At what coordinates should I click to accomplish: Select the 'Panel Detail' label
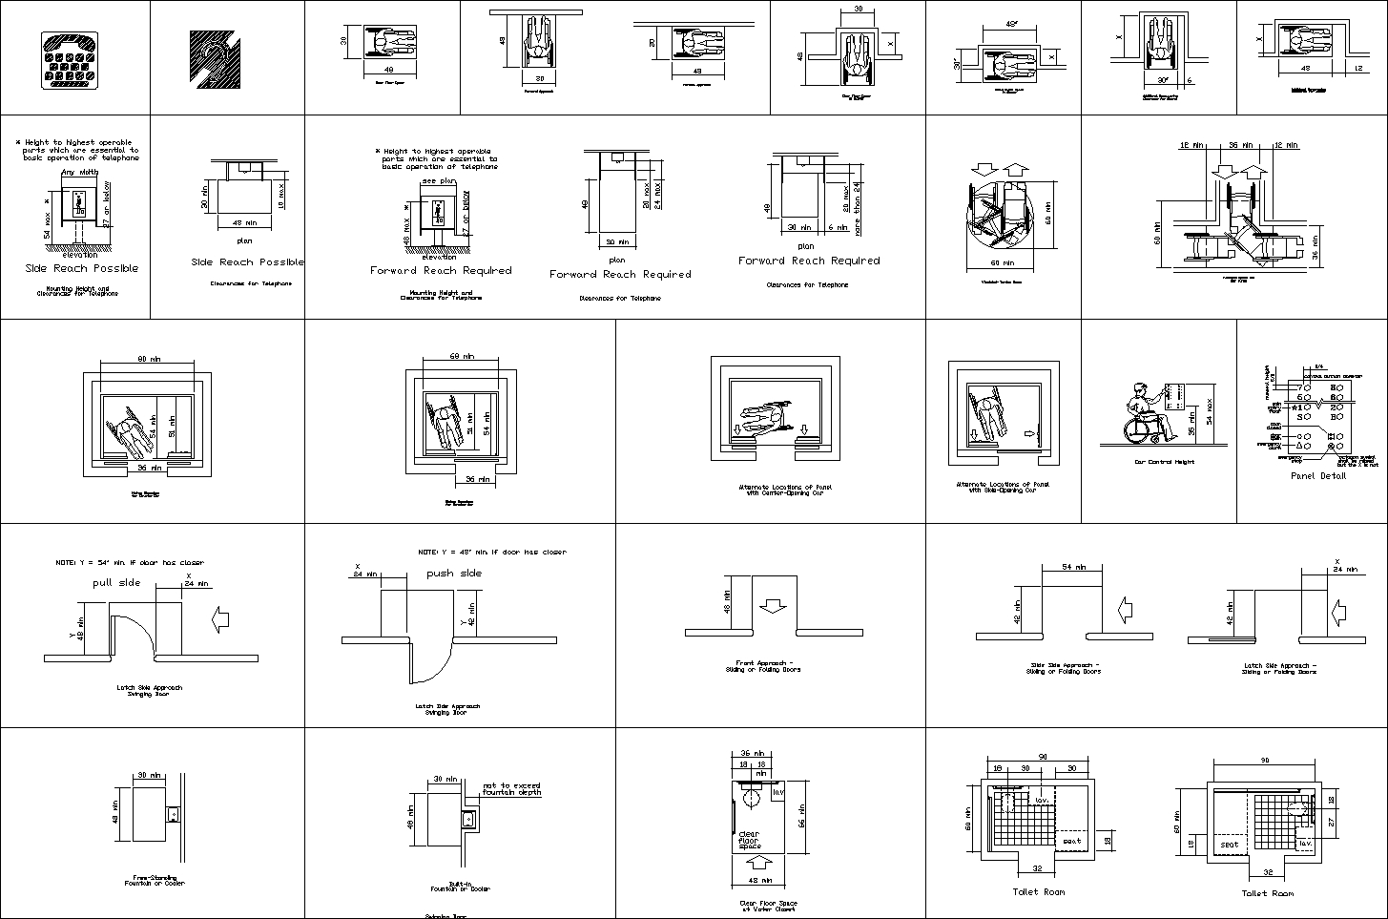click(1317, 475)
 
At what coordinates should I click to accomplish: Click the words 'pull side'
click(116, 582)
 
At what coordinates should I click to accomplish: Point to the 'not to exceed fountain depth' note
click(511, 788)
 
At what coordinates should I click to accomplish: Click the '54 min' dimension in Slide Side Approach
click(1072, 567)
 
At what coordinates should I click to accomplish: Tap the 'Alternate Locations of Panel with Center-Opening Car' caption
click(771, 490)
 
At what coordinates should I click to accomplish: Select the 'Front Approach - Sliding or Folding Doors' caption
click(764, 666)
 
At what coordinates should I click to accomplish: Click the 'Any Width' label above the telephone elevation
click(79, 173)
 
